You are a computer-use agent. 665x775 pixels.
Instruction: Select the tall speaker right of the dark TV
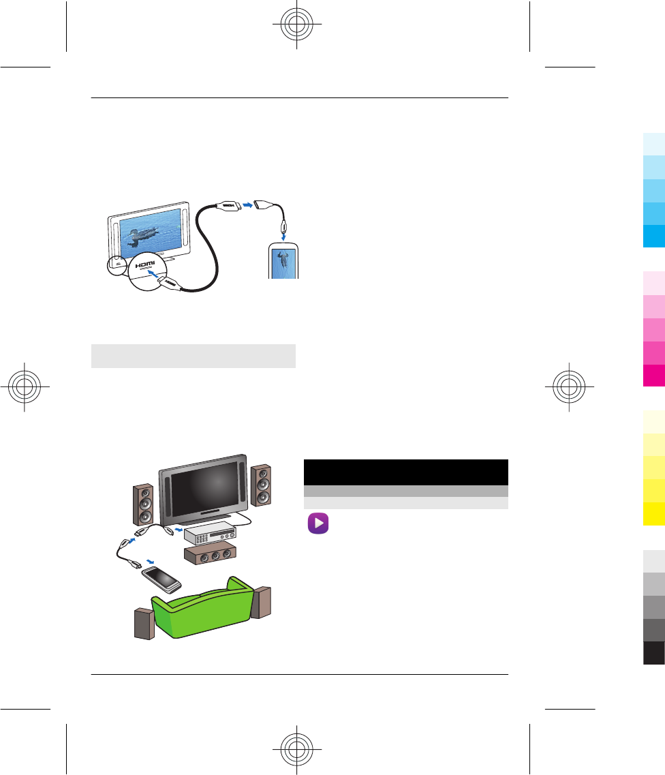click(261, 486)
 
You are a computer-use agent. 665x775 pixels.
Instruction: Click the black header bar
click(405, 472)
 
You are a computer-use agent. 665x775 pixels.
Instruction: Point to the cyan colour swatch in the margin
click(653, 236)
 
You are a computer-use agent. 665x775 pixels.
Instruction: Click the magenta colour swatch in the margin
click(653, 376)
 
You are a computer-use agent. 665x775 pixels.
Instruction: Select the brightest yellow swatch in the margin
click(653, 514)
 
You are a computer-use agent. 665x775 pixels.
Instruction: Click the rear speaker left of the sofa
click(144, 624)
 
